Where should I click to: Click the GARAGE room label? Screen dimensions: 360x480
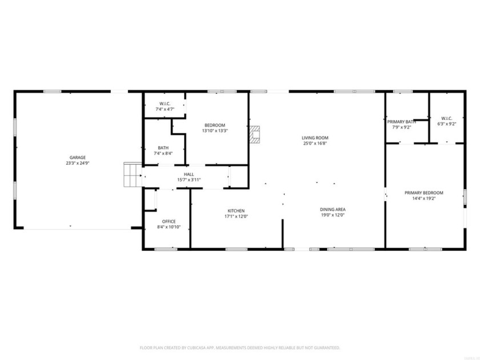pyautogui.click(x=78, y=157)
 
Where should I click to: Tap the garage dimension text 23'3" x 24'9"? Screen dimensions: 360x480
pyautogui.click(x=78, y=163)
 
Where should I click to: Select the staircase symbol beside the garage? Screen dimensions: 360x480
pyautogui.click(x=133, y=175)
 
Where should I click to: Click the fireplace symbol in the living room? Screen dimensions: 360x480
pyautogui.click(x=255, y=134)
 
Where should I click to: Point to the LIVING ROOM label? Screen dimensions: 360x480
pyautogui.click(x=315, y=138)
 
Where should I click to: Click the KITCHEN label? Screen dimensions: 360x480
pyautogui.click(x=236, y=211)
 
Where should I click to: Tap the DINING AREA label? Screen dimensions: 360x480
pyautogui.click(x=333, y=210)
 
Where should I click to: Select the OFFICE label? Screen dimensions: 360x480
pyautogui.click(x=169, y=221)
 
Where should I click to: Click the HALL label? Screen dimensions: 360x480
pyautogui.click(x=189, y=174)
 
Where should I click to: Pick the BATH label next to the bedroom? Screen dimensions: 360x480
pyautogui.click(x=163, y=147)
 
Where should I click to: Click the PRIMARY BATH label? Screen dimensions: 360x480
pyautogui.click(x=401, y=122)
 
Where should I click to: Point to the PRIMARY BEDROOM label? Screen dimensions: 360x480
pyautogui.click(x=424, y=193)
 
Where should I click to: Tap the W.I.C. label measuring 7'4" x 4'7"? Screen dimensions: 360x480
pyautogui.click(x=163, y=103)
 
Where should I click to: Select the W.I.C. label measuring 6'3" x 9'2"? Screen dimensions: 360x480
pyautogui.click(x=446, y=118)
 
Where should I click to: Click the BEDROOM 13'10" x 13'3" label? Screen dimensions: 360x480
pyautogui.click(x=215, y=125)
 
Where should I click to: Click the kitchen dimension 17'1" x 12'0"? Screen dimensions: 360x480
pyautogui.click(x=236, y=217)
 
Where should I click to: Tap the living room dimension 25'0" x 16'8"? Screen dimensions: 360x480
pyautogui.click(x=315, y=143)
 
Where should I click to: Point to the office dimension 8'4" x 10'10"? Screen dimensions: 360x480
pyautogui.click(x=169, y=227)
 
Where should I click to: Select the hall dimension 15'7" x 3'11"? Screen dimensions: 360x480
pyautogui.click(x=189, y=180)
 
